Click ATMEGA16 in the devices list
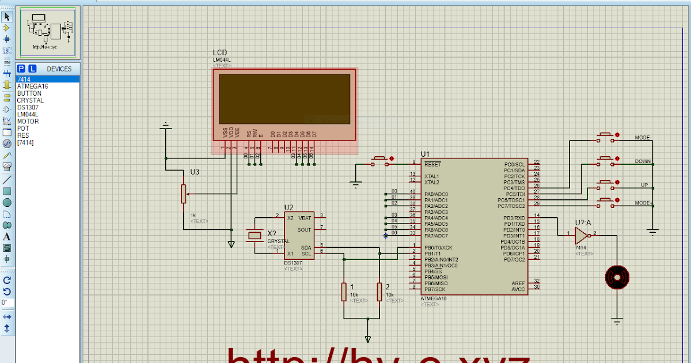click(32, 86)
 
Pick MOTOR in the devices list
click(28, 122)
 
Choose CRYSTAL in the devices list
click(30, 100)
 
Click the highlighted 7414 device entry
click(24, 80)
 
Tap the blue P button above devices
click(21, 69)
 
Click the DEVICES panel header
click(59, 69)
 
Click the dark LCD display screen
click(285, 99)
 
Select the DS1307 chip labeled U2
click(299, 235)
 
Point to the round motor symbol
click(617, 278)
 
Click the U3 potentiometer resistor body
click(184, 194)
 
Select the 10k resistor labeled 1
click(344, 292)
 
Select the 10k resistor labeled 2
click(379, 292)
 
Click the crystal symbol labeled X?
click(254, 235)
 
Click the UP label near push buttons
click(644, 185)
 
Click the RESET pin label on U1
click(432, 164)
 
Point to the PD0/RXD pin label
click(515, 218)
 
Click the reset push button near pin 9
click(381, 159)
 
